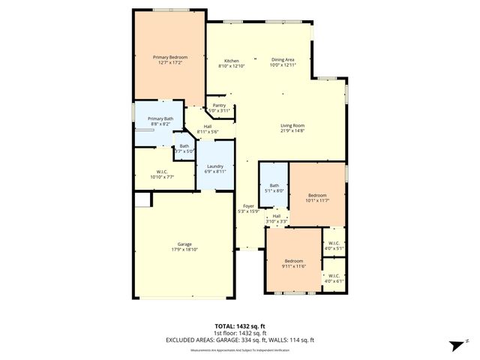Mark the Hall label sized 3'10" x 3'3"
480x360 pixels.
pyautogui.click(x=277, y=218)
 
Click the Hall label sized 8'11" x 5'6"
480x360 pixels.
pyautogui.click(x=207, y=130)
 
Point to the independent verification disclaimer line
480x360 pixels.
pyautogui.click(x=240, y=350)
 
